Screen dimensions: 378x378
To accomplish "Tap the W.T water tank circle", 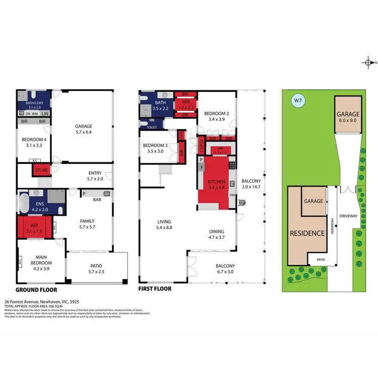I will pos(297,101).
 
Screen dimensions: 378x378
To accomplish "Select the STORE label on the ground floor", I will pos(41,170).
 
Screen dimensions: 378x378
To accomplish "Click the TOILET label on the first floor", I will pos(151,128).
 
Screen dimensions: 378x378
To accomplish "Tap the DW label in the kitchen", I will pos(232,195).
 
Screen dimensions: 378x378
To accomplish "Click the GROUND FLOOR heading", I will pos(36,290).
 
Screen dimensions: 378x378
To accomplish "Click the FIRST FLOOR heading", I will pos(155,289).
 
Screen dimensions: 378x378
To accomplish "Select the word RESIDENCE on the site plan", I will pos(306,233).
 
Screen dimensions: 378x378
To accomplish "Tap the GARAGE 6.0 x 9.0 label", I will pos(348,117).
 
